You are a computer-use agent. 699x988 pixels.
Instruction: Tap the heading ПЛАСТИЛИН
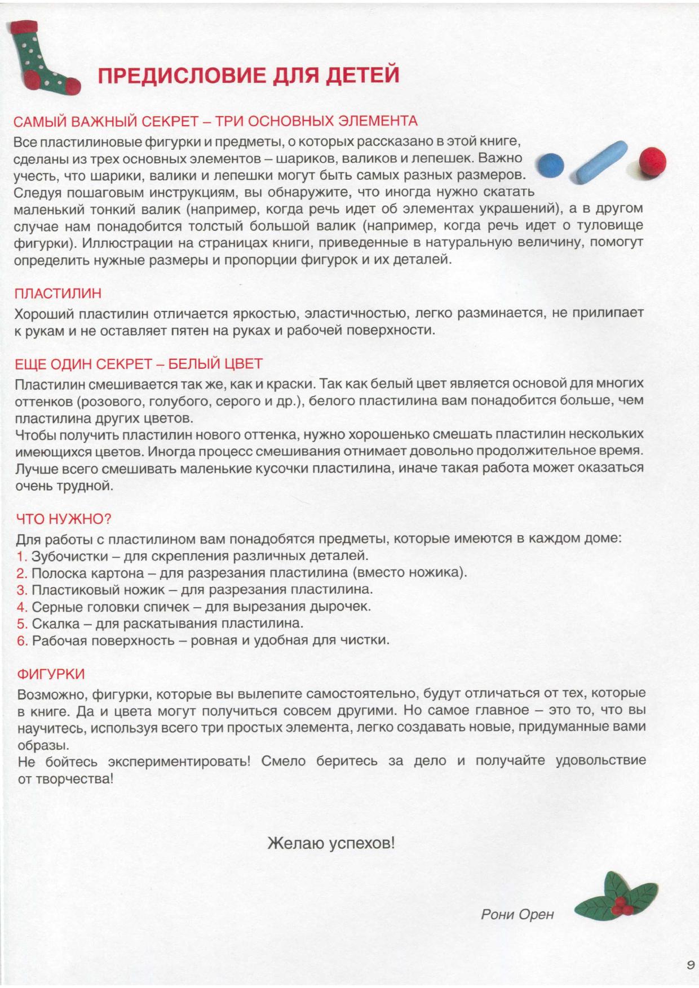pos(57,293)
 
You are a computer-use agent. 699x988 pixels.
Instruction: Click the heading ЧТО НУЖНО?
pos(64,519)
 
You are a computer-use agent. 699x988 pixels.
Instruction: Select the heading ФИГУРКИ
pos(51,674)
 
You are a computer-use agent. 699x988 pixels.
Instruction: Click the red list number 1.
pos(22,557)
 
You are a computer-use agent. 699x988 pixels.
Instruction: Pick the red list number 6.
pos(22,641)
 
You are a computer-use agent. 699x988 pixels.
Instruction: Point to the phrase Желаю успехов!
pos(331,844)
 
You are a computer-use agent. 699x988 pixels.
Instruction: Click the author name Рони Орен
pos(517,915)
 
